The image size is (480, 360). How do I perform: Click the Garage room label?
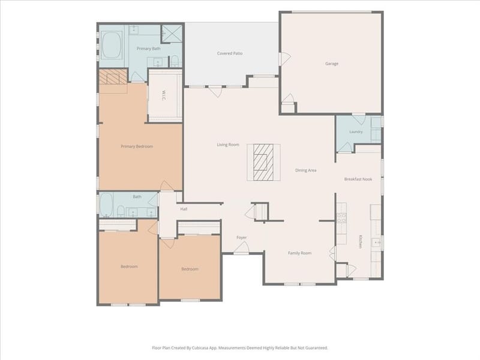(x=332, y=64)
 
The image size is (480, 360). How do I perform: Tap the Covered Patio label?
(x=230, y=53)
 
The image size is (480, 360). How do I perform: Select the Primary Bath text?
(x=148, y=49)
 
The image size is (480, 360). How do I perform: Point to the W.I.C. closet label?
(x=164, y=96)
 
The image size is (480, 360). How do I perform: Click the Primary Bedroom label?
(x=137, y=146)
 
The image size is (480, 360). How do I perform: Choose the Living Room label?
(x=228, y=145)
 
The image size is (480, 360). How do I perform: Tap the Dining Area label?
(x=305, y=170)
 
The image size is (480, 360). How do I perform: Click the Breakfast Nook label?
(x=358, y=179)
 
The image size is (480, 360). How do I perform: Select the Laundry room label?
(x=356, y=131)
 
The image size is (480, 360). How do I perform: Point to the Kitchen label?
(x=361, y=242)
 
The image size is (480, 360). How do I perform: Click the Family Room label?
(x=299, y=253)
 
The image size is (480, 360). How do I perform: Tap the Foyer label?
(x=242, y=237)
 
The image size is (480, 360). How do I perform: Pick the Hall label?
(x=184, y=209)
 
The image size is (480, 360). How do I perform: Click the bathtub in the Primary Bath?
(x=111, y=46)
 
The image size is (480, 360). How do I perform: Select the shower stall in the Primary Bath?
(x=172, y=32)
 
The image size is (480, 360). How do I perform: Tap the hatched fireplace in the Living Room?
(x=263, y=162)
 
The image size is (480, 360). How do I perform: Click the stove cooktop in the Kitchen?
(x=341, y=218)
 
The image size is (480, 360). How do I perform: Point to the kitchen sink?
(x=376, y=242)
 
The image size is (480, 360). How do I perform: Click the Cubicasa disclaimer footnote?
(x=240, y=348)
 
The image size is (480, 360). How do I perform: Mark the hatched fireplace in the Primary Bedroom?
(x=113, y=77)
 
